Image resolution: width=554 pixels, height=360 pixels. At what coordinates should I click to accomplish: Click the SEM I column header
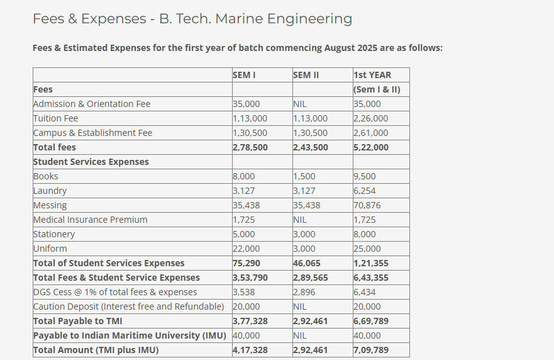click(x=244, y=75)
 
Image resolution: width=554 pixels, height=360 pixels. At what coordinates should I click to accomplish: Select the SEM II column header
click(x=306, y=75)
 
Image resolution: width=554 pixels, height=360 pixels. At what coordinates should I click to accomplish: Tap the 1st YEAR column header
click(x=372, y=75)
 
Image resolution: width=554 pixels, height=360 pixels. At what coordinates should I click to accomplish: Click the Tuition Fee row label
click(x=56, y=118)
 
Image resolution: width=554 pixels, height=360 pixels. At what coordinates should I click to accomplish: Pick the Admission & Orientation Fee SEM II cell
click(x=300, y=104)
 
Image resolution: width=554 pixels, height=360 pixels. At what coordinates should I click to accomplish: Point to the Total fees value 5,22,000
click(x=371, y=147)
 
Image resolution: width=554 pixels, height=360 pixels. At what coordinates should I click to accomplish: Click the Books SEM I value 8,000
click(x=244, y=176)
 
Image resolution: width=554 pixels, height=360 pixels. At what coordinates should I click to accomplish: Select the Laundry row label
click(x=50, y=191)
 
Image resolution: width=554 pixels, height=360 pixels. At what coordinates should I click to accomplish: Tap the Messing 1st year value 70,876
click(x=367, y=205)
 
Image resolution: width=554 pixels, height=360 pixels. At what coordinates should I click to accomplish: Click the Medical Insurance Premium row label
click(x=91, y=220)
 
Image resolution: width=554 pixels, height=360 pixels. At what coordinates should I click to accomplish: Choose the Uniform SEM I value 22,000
click(x=246, y=249)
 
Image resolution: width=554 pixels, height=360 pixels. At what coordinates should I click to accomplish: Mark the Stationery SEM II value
click(x=304, y=234)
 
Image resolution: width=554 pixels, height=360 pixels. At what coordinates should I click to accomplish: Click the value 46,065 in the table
click(x=307, y=263)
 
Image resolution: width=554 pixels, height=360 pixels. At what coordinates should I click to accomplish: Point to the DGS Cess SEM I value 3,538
click(x=244, y=292)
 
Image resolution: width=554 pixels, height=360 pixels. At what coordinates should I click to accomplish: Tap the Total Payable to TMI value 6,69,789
click(x=371, y=321)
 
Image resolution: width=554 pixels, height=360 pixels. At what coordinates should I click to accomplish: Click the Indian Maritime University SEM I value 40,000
click(x=247, y=335)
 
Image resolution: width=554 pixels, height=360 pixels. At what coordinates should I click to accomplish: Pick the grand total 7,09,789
click(x=371, y=350)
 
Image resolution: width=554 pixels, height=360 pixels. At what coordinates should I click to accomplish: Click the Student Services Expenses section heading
click(x=91, y=162)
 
